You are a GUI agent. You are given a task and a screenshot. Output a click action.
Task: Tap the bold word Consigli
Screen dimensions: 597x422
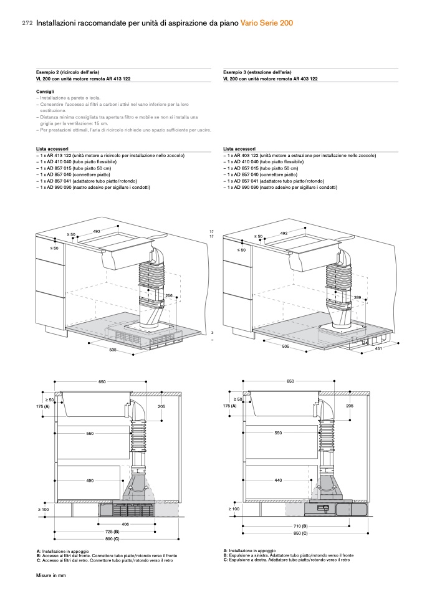pyautogui.click(x=45, y=92)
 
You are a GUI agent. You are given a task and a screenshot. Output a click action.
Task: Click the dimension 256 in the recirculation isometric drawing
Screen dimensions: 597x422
pyautogui.click(x=168, y=295)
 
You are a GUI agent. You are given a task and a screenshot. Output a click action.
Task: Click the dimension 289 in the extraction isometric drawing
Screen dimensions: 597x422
pyautogui.click(x=357, y=298)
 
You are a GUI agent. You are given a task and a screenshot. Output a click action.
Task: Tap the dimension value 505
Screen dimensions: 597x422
pyautogui.click(x=285, y=346)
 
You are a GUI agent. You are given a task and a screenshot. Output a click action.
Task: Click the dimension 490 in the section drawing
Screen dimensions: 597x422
pyautogui.click(x=90, y=480)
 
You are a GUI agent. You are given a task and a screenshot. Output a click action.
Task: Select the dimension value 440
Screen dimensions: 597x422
pyautogui.click(x=278, y=480)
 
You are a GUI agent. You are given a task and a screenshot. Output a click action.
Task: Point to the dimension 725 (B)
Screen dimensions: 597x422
pyautogui.click(x=112, y=531)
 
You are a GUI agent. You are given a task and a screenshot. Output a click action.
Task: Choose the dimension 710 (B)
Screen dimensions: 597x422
pyautogui.click(x=300, y=527)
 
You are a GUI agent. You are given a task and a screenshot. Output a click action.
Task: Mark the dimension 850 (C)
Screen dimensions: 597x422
pyautogui.click(x=300, y=534)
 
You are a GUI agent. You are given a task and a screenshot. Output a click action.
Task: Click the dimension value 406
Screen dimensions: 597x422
pyautogui.click(x=125, y=524)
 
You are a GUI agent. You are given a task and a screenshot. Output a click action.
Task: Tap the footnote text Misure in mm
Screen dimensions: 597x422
pyautogui.click(x=50, y=576)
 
